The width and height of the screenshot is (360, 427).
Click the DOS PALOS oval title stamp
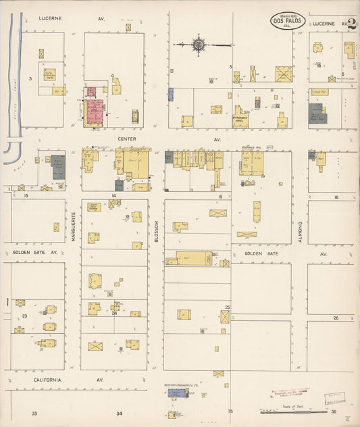288,20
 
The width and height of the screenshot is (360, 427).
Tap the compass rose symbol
199,45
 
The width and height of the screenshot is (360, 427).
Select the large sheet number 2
351,24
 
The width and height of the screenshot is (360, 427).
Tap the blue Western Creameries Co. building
177,393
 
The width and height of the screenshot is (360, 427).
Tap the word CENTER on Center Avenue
127,139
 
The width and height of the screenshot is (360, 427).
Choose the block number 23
24,316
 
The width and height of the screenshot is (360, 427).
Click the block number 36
333,411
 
